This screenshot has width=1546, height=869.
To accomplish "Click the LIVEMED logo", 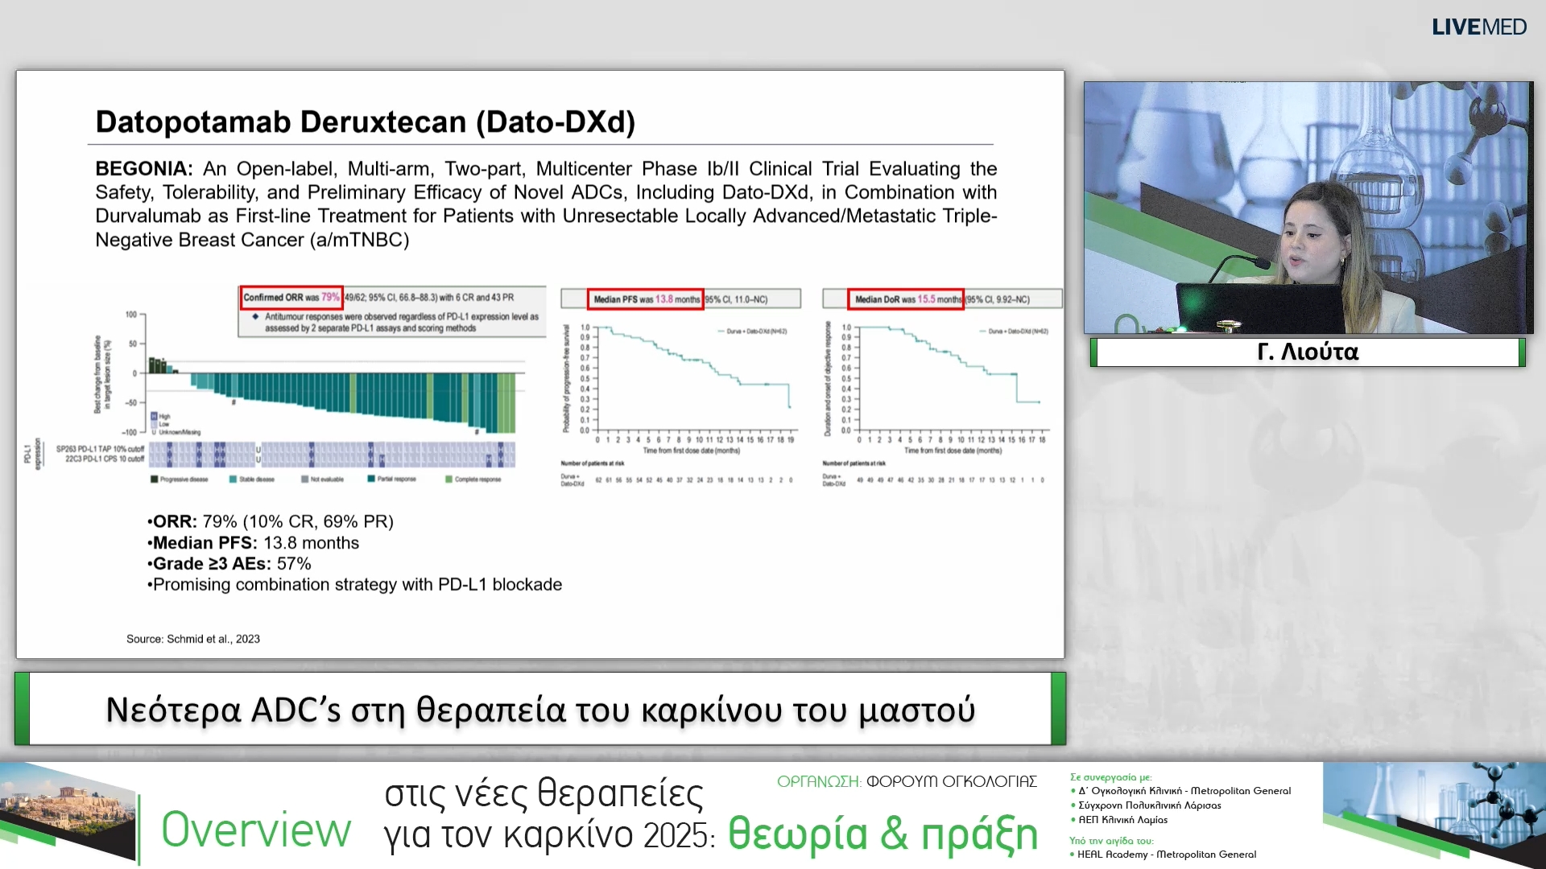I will click(1478, 27).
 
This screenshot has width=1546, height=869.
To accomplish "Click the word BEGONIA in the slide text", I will click(143, 169).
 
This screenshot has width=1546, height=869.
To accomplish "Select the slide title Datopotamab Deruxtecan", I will click(365, 122).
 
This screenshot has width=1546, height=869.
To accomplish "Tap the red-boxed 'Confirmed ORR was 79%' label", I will click(291, 298).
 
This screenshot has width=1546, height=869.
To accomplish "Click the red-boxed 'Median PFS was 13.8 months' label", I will click(646, 299).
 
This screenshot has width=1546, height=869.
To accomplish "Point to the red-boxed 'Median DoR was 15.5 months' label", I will click(906, 299).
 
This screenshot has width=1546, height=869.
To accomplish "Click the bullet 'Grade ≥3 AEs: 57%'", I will click(230, 564).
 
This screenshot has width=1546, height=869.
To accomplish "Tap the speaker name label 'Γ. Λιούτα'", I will click(1308, 352).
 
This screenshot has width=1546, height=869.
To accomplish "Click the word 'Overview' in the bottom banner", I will click(256, 830).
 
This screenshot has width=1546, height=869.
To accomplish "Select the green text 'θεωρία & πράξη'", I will click(883, 834).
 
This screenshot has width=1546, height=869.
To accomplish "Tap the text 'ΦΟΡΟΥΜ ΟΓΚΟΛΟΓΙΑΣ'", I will click(951, 781).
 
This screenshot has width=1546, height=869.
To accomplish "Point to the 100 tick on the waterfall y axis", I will click(131, 315).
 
